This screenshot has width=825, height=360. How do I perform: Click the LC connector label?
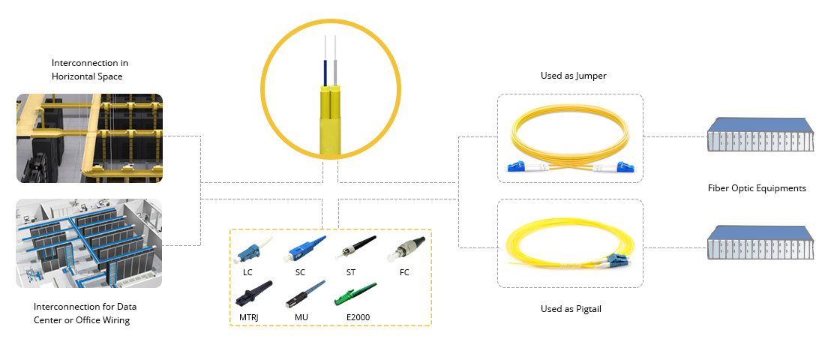click(247, 273)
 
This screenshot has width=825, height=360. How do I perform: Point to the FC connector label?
click(404, 273)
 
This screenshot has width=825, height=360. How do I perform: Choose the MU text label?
click(301, 317)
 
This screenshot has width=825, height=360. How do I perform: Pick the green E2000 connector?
click(355, 294)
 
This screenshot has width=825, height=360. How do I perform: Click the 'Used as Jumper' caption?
click(574, 76)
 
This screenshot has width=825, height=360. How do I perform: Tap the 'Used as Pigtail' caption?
click(571, 309)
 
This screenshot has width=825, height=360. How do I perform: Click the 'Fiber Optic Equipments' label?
click(757, 188)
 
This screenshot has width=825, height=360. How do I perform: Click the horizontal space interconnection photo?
click(89, 139)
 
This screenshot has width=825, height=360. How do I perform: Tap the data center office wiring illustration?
click(89, 243)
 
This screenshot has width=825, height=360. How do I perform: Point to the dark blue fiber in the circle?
click(326, 73)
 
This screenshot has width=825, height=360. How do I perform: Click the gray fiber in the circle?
click(334, 71)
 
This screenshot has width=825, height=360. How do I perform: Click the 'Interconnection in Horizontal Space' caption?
click(89, 70)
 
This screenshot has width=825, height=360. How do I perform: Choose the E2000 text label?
click(358, 317)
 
